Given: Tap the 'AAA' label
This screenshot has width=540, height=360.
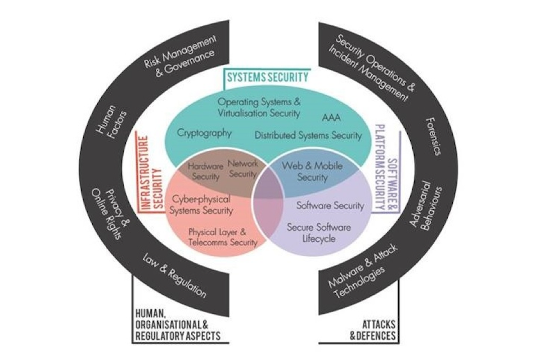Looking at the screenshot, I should (332, 118).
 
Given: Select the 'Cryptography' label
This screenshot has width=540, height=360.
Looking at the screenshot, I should (204, 133).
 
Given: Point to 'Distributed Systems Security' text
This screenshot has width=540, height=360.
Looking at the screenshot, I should (308, 136).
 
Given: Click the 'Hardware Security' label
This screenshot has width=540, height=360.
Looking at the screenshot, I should (205, 172).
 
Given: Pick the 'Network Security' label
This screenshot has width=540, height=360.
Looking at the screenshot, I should (242, 169).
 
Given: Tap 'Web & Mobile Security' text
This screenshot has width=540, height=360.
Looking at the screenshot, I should (304, 172).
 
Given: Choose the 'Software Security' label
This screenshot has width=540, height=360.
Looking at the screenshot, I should (330, 206).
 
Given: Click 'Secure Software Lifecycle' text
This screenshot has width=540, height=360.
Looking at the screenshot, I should (319, 233).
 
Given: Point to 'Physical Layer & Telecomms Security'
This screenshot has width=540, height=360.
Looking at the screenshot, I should (223, 237).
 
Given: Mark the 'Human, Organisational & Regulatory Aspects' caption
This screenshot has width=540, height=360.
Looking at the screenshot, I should (177, 326).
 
